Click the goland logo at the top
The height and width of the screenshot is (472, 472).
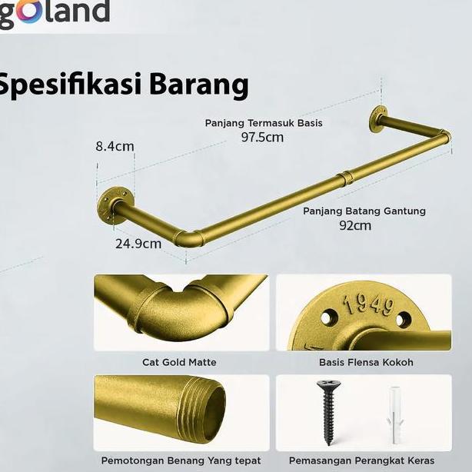click(54, 13)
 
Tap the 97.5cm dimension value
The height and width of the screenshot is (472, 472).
click(262, 138)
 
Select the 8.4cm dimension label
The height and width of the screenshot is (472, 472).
click(115, 146)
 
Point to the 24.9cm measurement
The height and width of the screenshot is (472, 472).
click(138, 244)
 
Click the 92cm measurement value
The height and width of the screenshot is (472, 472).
click(355, 225)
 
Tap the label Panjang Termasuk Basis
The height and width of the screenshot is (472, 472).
click(263, 123)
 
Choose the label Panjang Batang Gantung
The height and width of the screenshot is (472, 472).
click(364, 211)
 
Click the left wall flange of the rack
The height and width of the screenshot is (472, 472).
click(112, 205)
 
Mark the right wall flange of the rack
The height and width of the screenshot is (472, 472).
click(379, 119)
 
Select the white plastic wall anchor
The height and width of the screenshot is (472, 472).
click(393, 416)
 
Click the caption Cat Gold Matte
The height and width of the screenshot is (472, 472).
click(179, 362)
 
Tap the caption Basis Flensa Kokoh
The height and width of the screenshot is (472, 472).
click(366, 362)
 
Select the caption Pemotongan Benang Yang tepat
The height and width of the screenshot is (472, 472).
click(181, 460)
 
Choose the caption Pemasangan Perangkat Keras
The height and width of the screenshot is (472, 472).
click(361, 460)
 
